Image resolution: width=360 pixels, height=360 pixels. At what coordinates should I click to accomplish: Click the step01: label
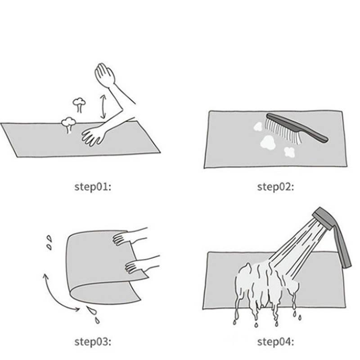click(93, 187)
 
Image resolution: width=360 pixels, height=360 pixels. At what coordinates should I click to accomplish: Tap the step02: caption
click(275, 187)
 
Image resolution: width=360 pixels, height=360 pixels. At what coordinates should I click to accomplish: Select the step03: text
click(93, 342)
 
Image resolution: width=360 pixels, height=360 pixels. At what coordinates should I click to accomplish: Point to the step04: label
click(275, 342)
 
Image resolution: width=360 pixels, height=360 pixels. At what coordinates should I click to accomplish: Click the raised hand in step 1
click(105, 74)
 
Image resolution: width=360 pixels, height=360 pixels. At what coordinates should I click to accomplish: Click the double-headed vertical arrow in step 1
click(103, 107)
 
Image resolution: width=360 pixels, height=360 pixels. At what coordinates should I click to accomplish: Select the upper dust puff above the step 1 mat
click(79, 104)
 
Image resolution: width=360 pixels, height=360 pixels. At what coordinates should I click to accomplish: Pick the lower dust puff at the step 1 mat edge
click(68, 125)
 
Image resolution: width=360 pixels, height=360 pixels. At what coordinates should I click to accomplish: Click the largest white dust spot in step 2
click(267, 142)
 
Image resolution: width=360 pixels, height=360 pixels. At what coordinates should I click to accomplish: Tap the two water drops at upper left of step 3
click(49, 243)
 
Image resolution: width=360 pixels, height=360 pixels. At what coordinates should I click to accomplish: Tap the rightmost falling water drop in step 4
click(300, 318)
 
